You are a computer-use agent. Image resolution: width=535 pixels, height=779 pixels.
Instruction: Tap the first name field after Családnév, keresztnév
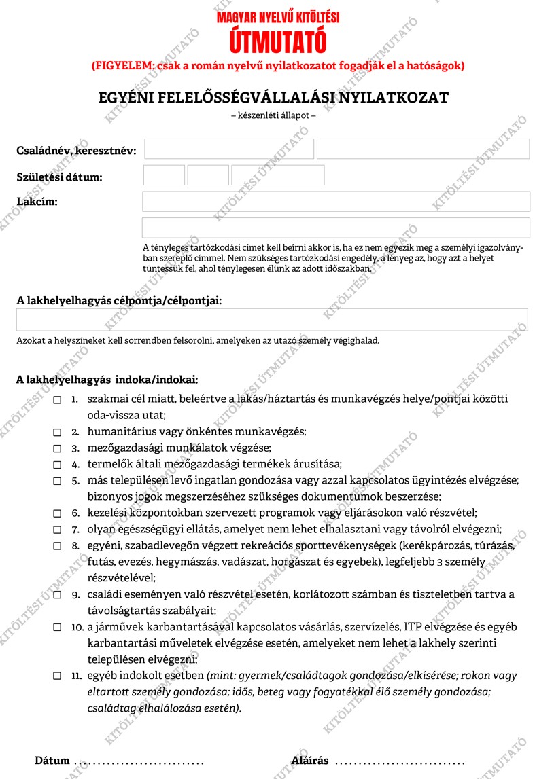(x=228, y=149)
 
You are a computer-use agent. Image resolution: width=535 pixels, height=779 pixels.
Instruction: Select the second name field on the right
(x=423, y=149)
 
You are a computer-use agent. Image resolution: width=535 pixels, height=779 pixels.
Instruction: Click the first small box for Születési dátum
(x=164, y=175)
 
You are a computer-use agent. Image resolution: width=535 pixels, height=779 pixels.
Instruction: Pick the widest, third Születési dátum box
(x=277, y=175)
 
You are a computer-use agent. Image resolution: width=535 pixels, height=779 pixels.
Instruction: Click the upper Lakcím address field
(x=336, y=201)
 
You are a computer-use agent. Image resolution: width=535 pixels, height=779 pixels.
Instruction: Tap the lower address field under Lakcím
(x=336, y=228)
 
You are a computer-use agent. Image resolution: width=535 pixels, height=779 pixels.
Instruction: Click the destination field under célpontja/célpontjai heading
(x=272, y=319)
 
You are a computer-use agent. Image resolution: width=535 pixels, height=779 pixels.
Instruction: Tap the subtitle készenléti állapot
(x=273, y=115)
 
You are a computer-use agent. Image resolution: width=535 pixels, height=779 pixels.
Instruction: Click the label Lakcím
(x=37, y=202)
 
